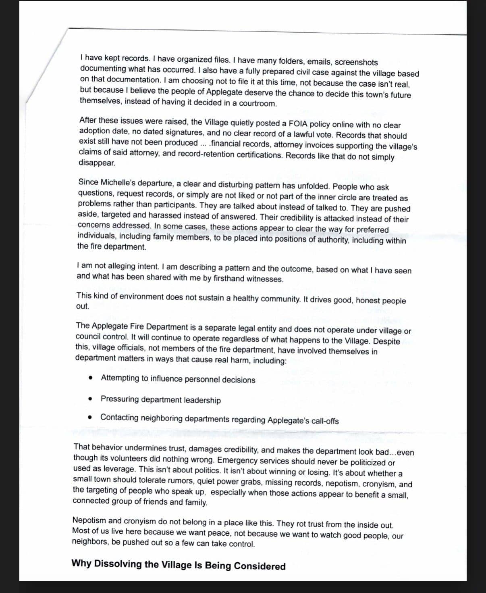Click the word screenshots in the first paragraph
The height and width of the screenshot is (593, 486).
point(356,63)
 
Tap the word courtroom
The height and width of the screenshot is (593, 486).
point(258,103)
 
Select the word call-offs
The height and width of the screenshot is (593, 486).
point(324,421)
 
